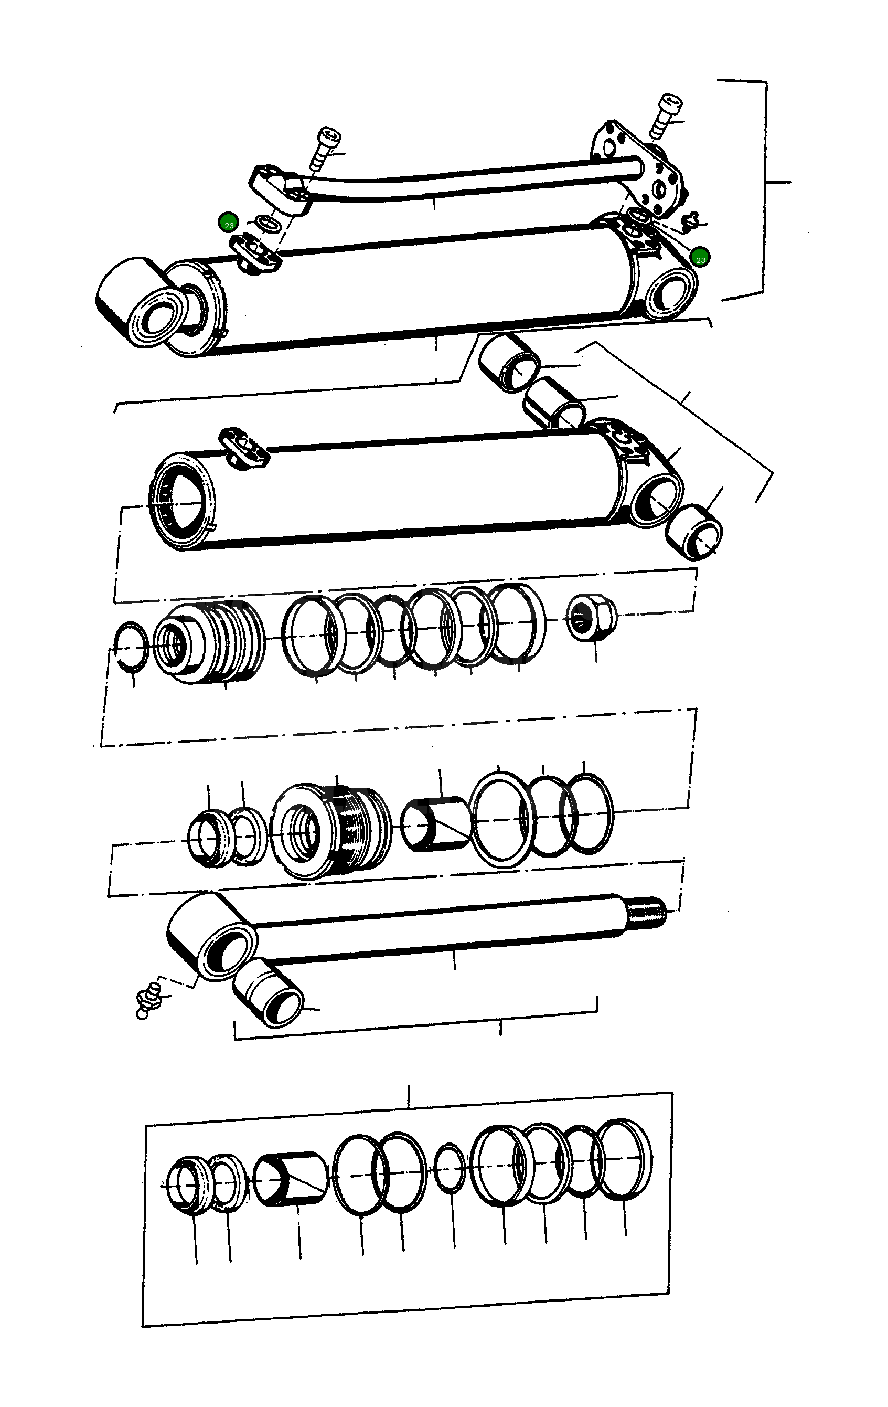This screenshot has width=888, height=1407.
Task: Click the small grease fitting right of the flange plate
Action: tap(691, 221)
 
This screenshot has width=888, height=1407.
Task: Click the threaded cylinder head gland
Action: tap(330, 830)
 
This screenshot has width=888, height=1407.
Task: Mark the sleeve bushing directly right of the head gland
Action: tap(436, 825)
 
